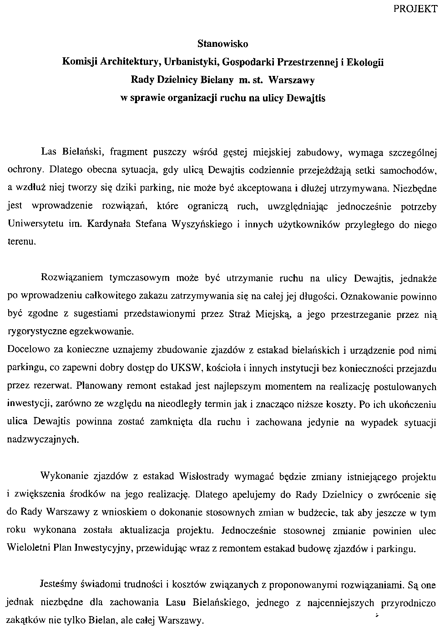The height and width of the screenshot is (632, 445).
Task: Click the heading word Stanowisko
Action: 222,44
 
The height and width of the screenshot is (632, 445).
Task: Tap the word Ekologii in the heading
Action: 365,62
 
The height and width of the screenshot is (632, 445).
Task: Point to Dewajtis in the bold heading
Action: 305,98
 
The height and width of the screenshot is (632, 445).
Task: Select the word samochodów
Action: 412,170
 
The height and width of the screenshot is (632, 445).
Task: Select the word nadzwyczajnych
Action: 43,439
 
